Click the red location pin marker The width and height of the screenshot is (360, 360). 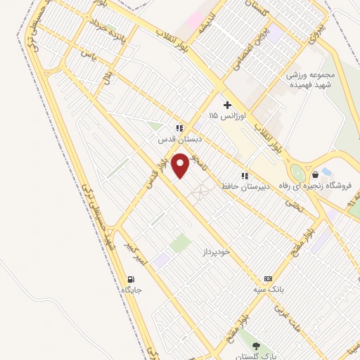[181, 165]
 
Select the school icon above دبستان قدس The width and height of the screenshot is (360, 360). [179, 128]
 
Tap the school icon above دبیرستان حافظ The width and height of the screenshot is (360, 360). [245, 176]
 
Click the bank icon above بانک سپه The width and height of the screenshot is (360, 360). [267, 278]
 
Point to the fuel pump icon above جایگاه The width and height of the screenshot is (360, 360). [132, 278]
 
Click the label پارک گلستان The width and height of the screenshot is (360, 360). [256, 356]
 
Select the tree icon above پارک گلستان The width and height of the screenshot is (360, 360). [256, 346]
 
